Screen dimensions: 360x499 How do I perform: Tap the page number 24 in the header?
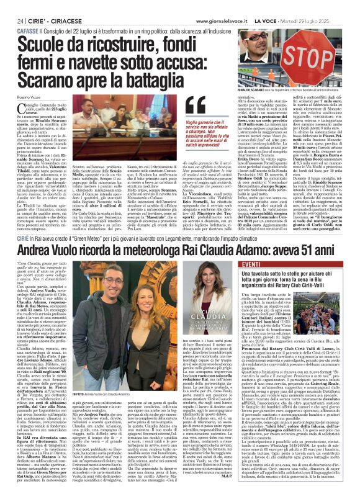click(12, 5)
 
